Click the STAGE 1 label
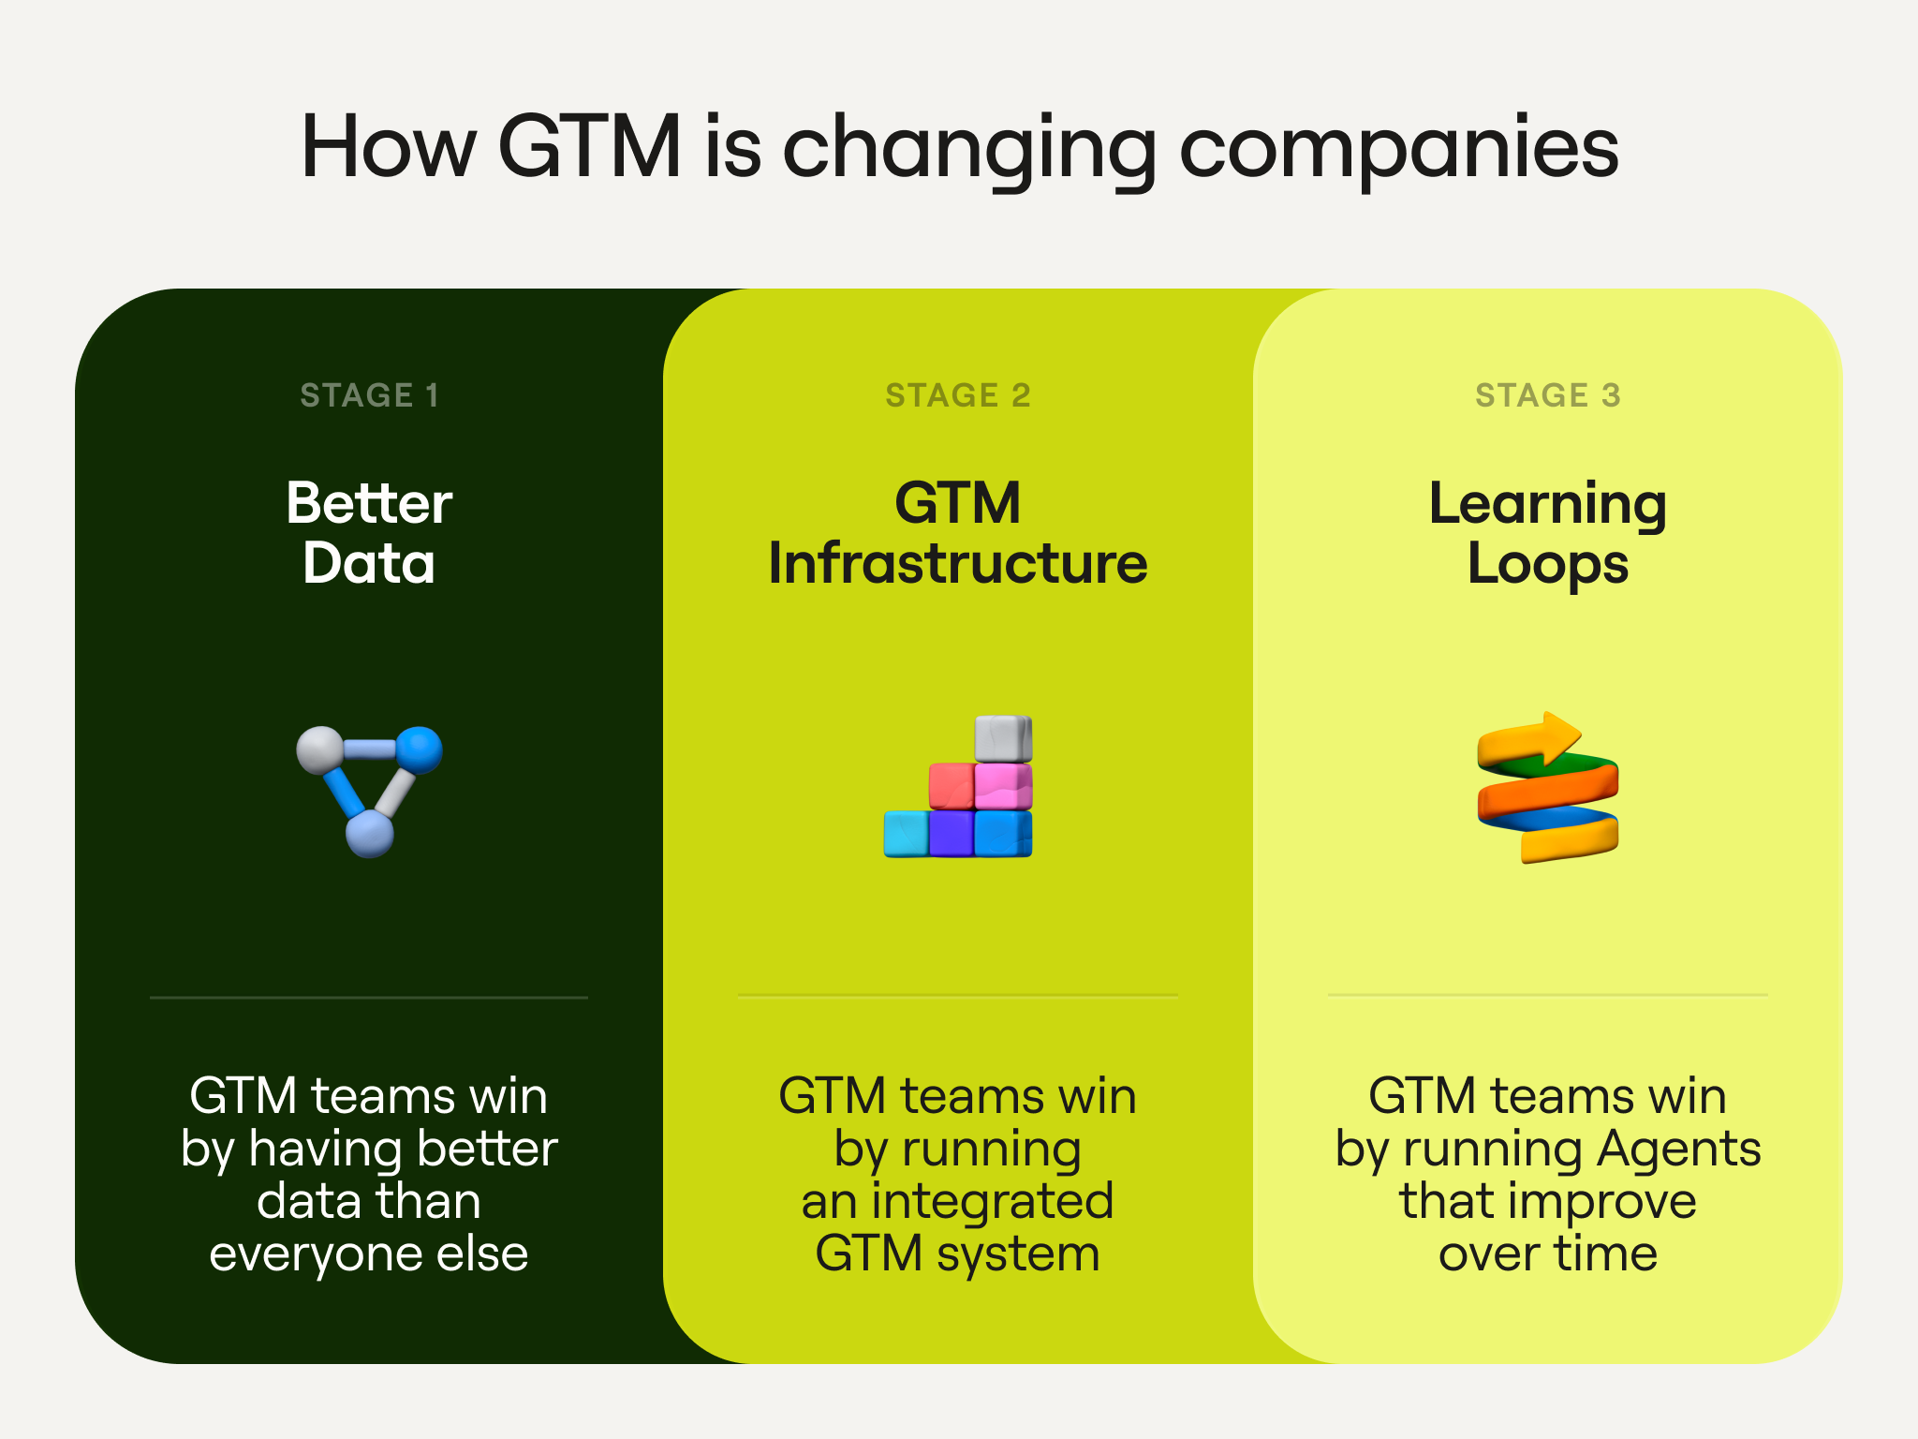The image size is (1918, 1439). (x=369, y=395)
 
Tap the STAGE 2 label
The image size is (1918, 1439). (x=958, y=395)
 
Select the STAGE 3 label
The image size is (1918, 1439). (x=1548, y=395)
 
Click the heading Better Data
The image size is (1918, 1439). (x=369, y=532)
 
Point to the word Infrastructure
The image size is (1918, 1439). (x=958, y=563)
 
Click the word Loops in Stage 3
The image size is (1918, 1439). (x=1548, y=565)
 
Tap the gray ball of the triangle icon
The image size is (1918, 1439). (x=320, y=750)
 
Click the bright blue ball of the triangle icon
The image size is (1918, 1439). (x=419, y=750)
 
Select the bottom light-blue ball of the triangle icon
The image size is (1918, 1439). (x=370, y=834)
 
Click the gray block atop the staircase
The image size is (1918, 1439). (x=1003, y=739)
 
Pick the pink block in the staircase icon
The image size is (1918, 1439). (x=1003, y=786)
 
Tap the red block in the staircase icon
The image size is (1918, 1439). (x=952, y=786)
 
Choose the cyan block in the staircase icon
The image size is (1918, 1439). (x=907, y=834)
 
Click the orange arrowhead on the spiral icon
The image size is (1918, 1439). (x=1559, y=736)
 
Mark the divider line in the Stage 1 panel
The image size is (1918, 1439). (x=369, y=998)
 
